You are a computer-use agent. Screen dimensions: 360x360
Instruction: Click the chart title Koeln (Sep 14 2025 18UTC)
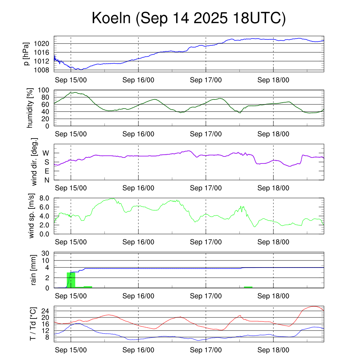coord(189,19)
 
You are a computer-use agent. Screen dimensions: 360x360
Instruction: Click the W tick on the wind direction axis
coord(46,153)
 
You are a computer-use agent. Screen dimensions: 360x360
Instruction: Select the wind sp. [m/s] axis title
coord(32,216)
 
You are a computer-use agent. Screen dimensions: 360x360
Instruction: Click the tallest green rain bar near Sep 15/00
coord(71,280)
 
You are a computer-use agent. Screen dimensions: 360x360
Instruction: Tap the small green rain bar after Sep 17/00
coord(248,287)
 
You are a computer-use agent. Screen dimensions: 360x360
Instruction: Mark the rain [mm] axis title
coord(34,270)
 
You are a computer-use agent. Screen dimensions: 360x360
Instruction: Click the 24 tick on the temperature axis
coord(46,311)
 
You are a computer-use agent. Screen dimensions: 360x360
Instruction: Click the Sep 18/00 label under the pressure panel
coord(273,80)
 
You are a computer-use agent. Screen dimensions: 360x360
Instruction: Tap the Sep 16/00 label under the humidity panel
coord(138,134)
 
